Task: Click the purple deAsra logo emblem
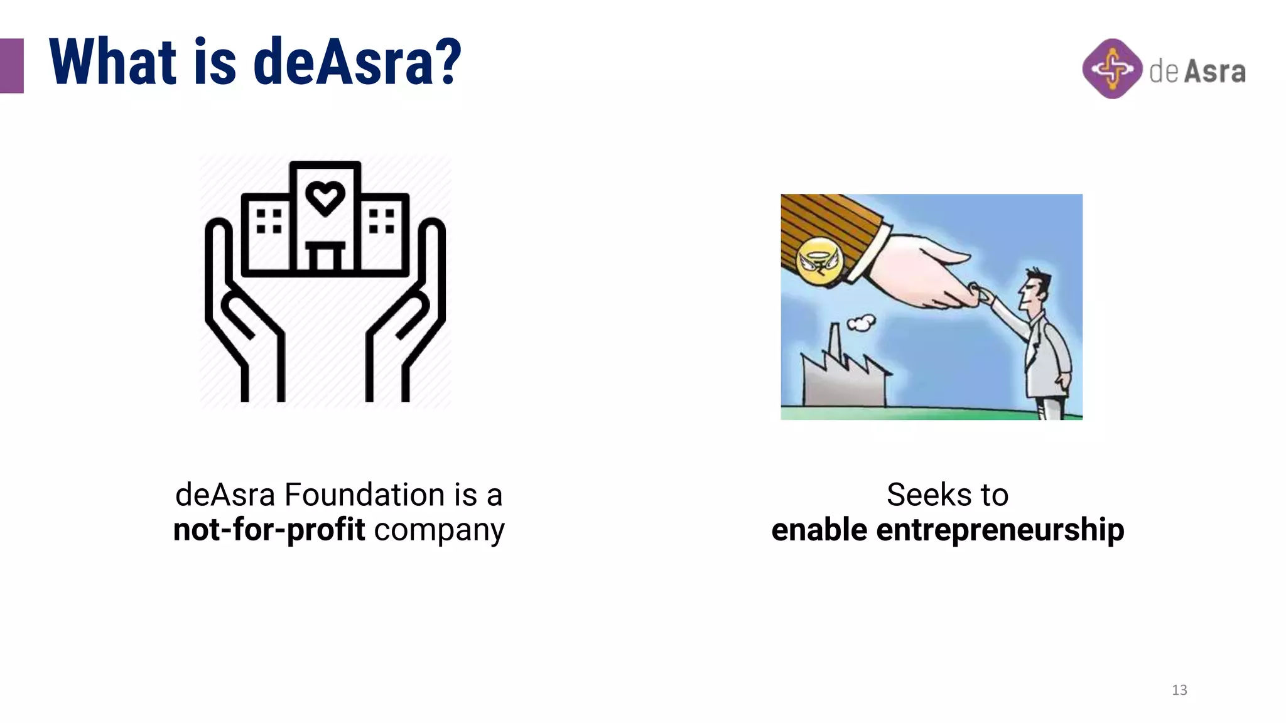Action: pyautogui.click(x=1112, y=69)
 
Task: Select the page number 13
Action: pyautogui.click(x=1179, y=690)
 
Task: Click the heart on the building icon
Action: pyautogui.click(x=325, y=198)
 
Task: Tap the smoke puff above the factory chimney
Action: pyautogui.click(x=861, y=323)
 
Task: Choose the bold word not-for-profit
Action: pyautogui.click(x=269, y=530)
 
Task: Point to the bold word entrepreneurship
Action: pyautogui.click(x=1000, y=530)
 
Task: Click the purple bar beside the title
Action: pyautogui.click(x=11, y=66)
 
